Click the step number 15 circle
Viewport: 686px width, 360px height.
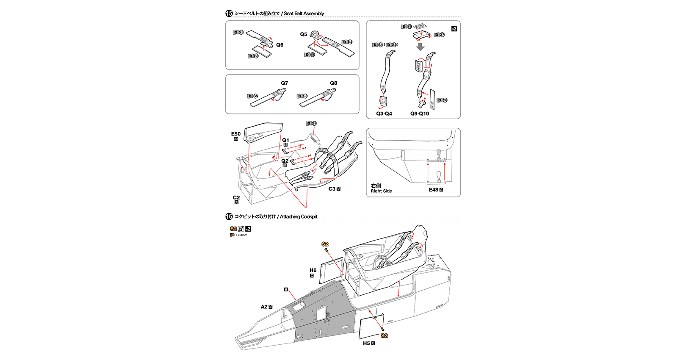click(229, 14)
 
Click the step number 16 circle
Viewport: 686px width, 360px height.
click(229, 216)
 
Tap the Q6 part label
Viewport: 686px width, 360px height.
click(279, 45)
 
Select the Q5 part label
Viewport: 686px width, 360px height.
click(304, 34)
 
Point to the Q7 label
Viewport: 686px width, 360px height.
click(285, 83)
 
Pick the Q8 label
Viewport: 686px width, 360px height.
click(334, 83)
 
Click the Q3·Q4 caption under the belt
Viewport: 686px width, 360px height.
click(384, 114)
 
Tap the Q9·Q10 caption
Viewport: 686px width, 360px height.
click(420, 114)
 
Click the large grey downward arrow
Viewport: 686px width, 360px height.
click(420, 47)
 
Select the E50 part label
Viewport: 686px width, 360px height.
click(236, 134)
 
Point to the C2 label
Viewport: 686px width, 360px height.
click(236, 197)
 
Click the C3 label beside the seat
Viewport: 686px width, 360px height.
click(332, 189)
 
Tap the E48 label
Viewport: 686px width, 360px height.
click(433, 190)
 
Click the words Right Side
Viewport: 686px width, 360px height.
click(382, 191)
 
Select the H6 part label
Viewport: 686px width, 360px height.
click(313, 270)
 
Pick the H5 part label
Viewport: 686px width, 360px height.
click(366, 343)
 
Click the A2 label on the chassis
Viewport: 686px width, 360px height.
click(264, 307)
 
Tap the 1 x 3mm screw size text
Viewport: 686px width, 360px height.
click(241, 235)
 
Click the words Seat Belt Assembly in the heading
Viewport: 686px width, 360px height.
click(304, 14)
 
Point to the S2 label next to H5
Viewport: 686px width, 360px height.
click(384, 335)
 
